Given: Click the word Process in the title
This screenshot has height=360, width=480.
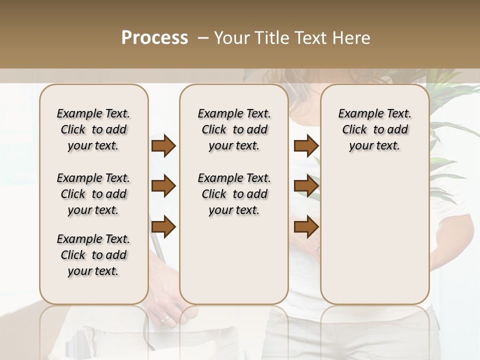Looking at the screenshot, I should tap(154, 38).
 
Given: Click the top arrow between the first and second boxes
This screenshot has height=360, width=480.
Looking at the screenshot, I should tap(163, 146).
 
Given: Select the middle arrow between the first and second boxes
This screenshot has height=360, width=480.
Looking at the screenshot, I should tap(163, 186).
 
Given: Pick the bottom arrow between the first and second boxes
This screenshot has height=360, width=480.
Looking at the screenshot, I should tap(163, 226).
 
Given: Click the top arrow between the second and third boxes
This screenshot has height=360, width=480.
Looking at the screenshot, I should tap(306, 146).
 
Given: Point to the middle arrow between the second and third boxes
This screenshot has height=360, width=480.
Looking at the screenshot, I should tap(306, 186).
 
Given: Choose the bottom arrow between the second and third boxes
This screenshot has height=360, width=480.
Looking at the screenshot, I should tap(306, 226).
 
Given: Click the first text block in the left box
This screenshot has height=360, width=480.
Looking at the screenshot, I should tap(93, 129).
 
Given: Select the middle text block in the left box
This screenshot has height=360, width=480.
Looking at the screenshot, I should tap(93, 194).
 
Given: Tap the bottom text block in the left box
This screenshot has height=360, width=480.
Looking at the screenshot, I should tap(93, 255).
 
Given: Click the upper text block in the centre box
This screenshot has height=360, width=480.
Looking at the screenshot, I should tap(234, 129).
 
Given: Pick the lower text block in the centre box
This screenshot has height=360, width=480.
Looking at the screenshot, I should tap(234, 194).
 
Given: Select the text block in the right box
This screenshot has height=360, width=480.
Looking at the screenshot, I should tap(374, 129).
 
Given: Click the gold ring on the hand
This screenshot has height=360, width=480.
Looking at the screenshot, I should tap(164, 318).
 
